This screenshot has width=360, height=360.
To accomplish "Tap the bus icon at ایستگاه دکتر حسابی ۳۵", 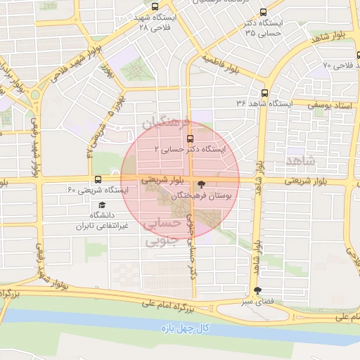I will click(263, 12).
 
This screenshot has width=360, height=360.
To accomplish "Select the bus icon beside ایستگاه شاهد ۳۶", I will click(264, 92).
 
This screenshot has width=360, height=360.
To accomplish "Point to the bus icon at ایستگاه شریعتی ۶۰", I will click(98, 179).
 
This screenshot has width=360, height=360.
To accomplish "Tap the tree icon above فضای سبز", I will click(257, 290).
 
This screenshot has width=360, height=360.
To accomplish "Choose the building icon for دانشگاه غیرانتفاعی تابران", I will click(103, 203).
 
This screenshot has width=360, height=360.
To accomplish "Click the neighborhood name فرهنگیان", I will click(167, 123).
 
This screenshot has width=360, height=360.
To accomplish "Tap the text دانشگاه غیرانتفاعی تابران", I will click(103, 221).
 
